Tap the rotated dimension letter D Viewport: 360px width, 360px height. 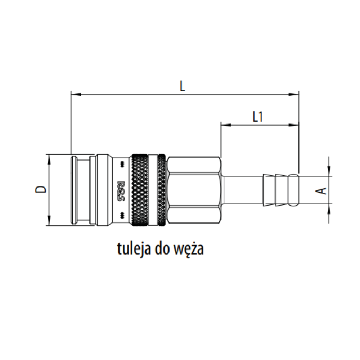click(41, 189)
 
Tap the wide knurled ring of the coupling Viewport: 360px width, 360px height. click(140, 190)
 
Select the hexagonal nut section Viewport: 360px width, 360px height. click(194, 190)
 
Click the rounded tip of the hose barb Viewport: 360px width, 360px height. click(294, 190)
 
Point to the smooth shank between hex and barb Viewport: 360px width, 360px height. click(242, 190)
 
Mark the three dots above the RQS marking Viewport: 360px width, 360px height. click(122, 165)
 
